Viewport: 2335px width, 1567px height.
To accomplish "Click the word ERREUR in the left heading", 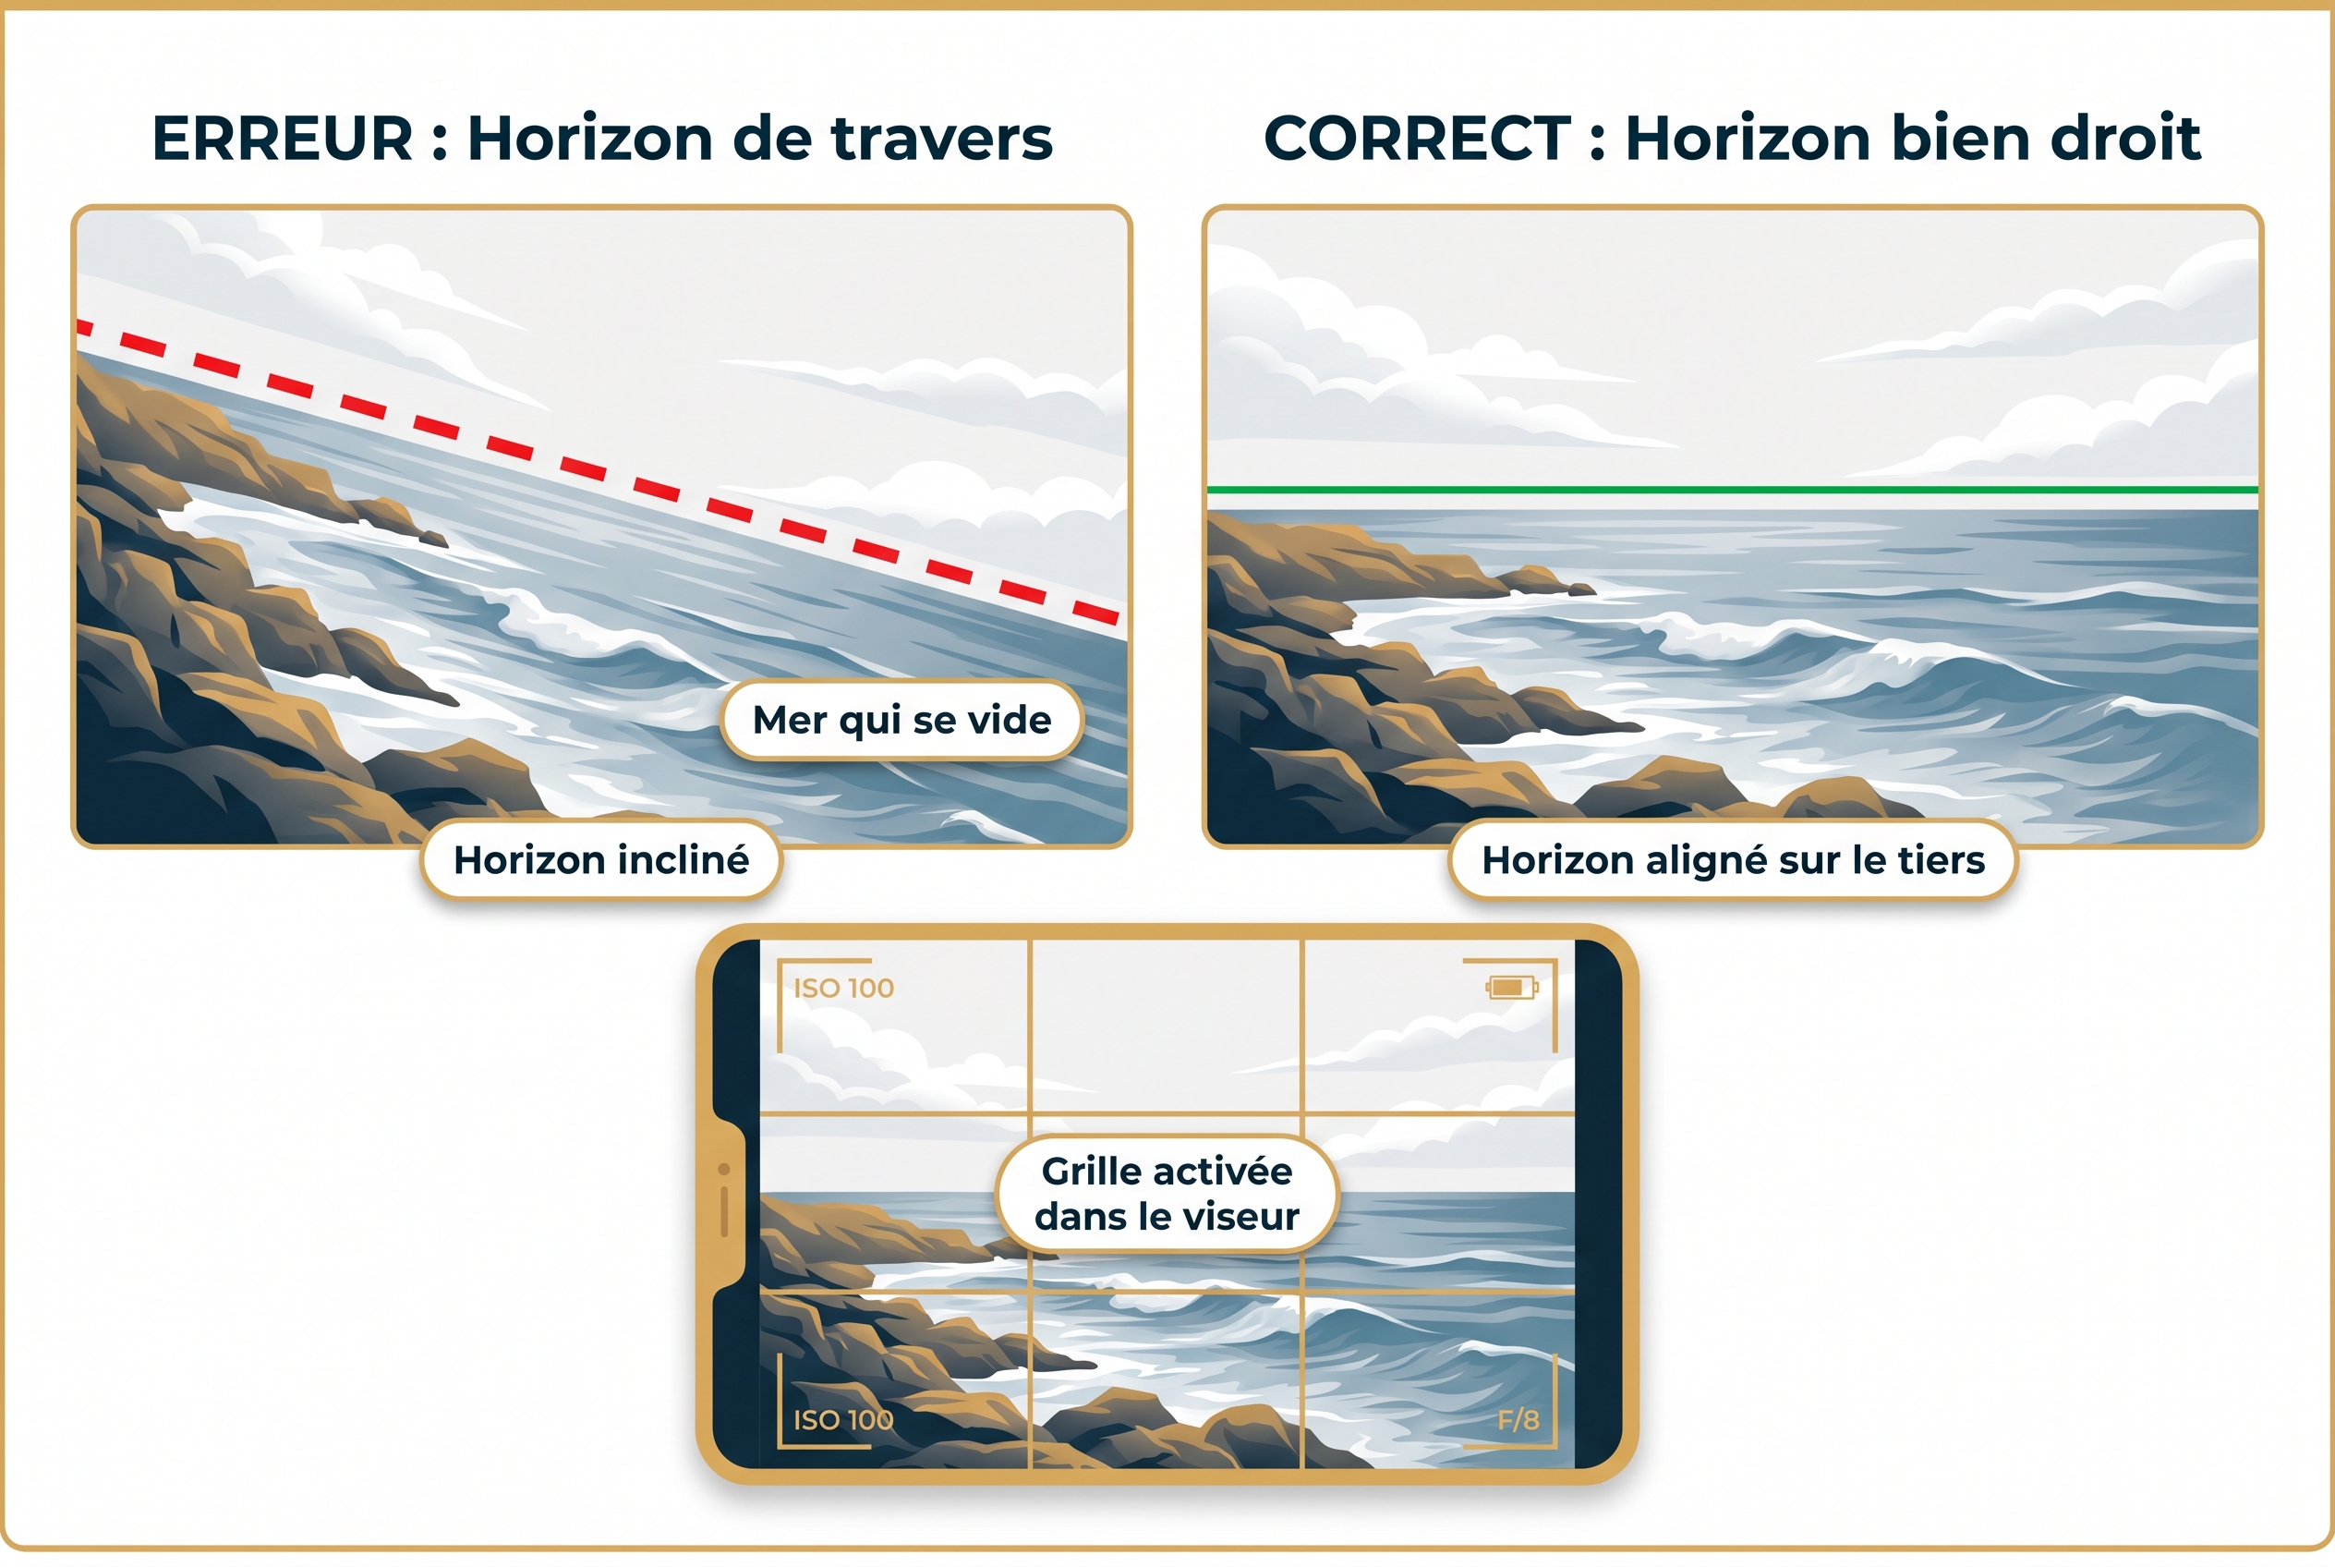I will click(x=282, y=138).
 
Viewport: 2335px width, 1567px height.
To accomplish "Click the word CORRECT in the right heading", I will click(x=1417, y=138).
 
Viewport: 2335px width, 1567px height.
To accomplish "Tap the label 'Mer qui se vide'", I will click(x=901, y=720).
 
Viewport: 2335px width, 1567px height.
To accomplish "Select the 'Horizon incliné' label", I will click(x=600, y=859).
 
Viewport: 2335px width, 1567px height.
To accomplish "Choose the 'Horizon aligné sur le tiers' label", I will click(x=1733, y=859).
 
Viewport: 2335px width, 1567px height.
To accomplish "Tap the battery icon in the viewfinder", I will click(x=1511, y=988).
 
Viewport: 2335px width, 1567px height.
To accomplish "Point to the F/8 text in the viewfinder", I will click(x=1518, y=1420).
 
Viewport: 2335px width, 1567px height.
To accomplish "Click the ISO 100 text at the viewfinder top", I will click(x=843, y=989).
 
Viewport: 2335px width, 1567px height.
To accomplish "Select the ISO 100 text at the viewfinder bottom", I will click(x=843, y=1420).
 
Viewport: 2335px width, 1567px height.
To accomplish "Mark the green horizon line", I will click(x=1733, y=490).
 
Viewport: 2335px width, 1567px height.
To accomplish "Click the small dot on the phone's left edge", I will click(x=724, y=1170).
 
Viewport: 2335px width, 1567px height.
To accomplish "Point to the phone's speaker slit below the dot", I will click(x=724, y=1211).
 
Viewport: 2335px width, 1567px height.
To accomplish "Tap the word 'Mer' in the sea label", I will click(x=790, y=720).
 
